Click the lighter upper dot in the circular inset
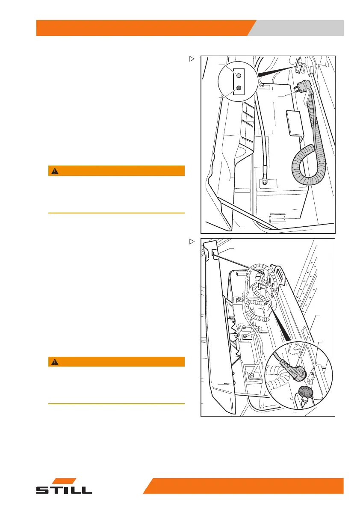239,75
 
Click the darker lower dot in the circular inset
239,88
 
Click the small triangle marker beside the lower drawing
192,242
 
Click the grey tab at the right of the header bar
299,28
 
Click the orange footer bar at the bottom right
248,486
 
